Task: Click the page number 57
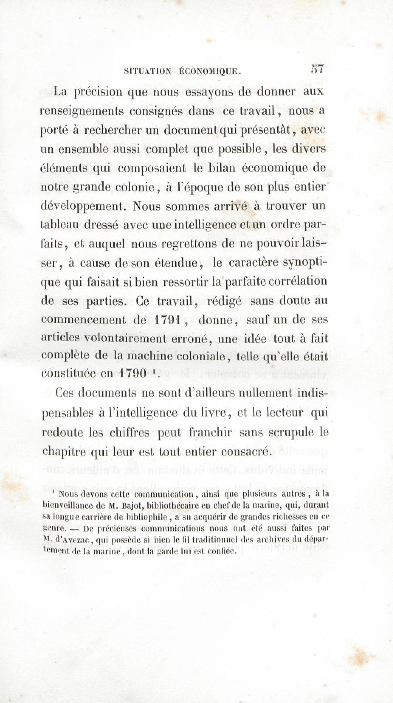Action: (x=317, y=69)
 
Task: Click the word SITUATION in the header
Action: (x=147, y=72)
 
